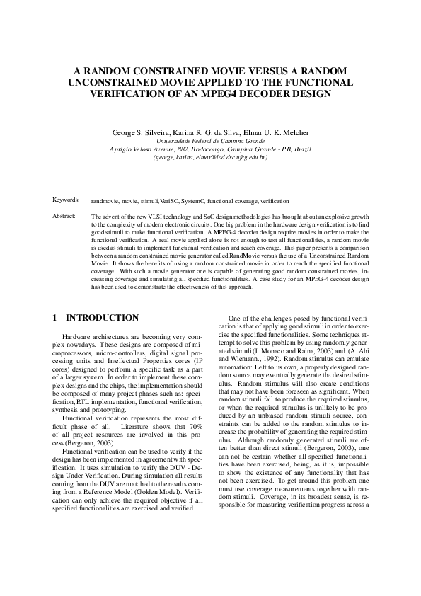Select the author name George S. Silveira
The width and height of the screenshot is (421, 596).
click(140, 132)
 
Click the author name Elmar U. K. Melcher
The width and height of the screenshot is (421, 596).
click(274, 132)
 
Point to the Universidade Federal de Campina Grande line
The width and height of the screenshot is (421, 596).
click(210, 142)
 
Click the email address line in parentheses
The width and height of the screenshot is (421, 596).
click(210, 157)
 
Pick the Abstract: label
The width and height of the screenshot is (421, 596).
click(64, 214)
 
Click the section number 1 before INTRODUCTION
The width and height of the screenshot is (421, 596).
click(55, 318)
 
